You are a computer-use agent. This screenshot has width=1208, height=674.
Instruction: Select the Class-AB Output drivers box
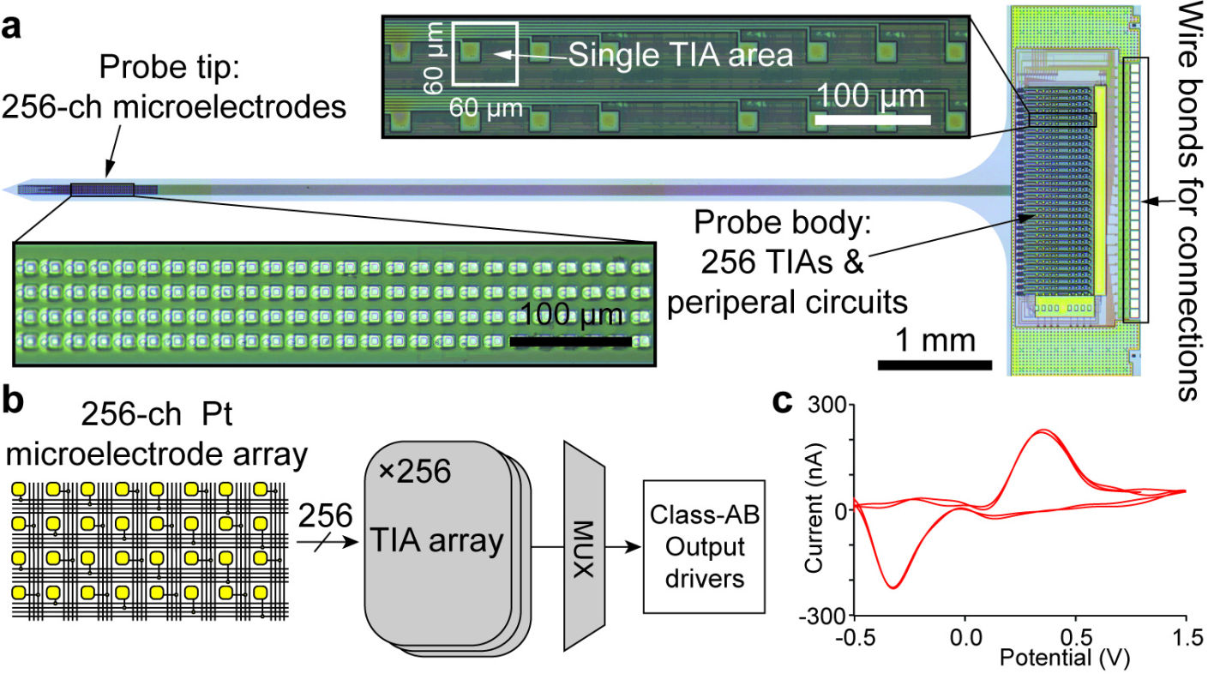pos(703,546)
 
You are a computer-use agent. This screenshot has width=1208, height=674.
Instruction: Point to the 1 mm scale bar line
pos(935,365)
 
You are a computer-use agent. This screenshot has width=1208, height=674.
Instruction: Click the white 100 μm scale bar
pos(871,120)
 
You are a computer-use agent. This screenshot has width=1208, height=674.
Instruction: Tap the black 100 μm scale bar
pos(571,341)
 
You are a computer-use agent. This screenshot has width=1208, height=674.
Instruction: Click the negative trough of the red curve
pos(893,587)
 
